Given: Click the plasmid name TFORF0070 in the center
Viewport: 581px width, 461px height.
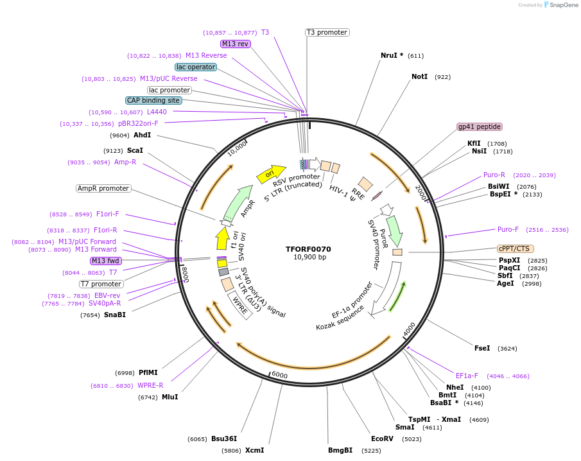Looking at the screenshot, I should click(x=308, y=248).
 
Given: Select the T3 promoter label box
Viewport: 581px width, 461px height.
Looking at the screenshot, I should click(x=327, y=32).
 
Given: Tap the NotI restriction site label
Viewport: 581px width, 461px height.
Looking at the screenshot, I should click(x=419, y=76).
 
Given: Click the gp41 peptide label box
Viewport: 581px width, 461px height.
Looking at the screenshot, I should click(x=479, y=127).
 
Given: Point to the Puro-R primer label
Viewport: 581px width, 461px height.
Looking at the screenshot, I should click(x=494, y=175).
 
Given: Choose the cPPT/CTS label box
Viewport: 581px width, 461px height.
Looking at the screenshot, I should click(x=515, y=248).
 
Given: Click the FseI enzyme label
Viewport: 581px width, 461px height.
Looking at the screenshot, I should click(x=482, y=348).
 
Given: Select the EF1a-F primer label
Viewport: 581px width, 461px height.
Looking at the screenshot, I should click(x=467, y=376).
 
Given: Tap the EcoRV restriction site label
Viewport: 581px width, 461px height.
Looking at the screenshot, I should click(x=382, y=439).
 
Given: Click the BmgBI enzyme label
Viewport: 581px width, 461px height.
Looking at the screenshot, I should click(x=340, y=450).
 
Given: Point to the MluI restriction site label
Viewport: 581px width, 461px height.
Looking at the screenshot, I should click(x=169, y=397).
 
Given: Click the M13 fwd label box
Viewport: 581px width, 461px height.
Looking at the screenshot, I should click(x=106, y=261).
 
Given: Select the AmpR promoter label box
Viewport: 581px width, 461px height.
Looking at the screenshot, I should click(x=103, y=189).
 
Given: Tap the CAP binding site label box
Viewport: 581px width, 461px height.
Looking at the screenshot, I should click(x=153, y=101).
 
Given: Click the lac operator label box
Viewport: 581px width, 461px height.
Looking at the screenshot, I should click(x=195, y=67).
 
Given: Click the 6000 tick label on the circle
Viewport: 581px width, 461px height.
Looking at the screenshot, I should click(x=279, y=374).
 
